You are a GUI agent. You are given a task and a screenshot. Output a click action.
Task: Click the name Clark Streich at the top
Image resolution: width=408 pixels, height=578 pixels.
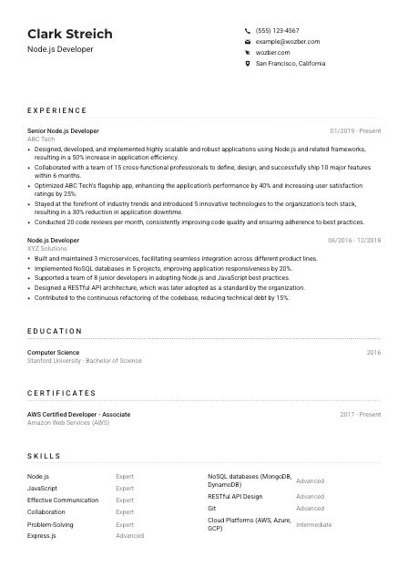[x=70, y=34]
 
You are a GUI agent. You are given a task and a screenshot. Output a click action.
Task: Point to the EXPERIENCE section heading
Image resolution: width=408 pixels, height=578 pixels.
[x=57, y=110]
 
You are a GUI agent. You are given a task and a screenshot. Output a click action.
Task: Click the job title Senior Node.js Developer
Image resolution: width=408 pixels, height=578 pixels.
[x=63, y=131]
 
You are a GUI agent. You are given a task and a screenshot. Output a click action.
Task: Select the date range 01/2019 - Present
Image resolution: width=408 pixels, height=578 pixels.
[x=355, y=131]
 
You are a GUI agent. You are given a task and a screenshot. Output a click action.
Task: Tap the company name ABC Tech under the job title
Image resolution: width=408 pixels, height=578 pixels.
[x=41, y=139]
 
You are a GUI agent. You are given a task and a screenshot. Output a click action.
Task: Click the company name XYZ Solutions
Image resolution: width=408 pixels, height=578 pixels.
[x=47, y=248]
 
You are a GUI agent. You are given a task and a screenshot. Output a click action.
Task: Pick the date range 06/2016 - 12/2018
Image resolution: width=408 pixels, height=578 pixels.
[x=353, y=241]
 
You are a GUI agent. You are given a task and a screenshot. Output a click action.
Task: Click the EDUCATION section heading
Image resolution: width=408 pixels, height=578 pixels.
[x=55, y=331]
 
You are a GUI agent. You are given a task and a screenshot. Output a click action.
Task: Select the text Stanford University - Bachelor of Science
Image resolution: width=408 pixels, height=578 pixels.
[x=85, y=360]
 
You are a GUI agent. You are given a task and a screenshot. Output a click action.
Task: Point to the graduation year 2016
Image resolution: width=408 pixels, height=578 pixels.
[x=373, y=352]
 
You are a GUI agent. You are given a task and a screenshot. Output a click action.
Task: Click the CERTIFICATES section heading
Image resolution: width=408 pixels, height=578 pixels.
[x=61, y=393]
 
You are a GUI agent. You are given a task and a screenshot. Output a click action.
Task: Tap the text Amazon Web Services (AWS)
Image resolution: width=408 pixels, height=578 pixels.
[x=68, y=423]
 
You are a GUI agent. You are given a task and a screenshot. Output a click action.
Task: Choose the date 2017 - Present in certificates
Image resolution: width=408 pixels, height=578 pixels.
[x=361, y=415]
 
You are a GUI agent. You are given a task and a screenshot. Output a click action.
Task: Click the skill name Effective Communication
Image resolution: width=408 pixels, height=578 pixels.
[x=63, y=500]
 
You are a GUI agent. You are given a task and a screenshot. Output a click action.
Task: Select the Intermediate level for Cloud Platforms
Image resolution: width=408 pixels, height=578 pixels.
[x=314, y=525]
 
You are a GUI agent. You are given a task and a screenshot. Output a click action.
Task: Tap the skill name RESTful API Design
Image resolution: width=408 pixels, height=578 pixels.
[x=235, y=497]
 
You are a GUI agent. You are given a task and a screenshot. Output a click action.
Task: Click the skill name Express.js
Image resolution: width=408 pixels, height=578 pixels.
[x=42, y=536]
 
